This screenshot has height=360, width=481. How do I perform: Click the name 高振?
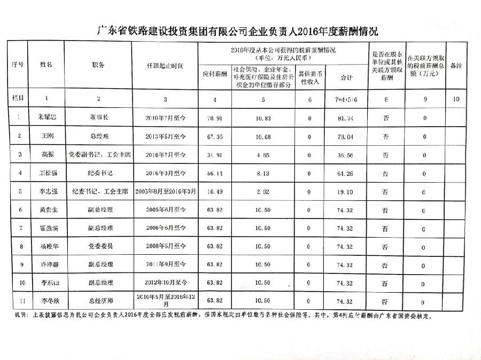[x=47, y=154]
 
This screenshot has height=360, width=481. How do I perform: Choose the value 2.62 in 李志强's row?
[x=261, y=191]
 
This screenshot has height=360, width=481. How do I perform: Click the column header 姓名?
[x=47, y=65]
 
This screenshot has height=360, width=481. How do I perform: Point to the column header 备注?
[x=456, y=65]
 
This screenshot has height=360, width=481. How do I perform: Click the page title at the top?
[x=239, y=32]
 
